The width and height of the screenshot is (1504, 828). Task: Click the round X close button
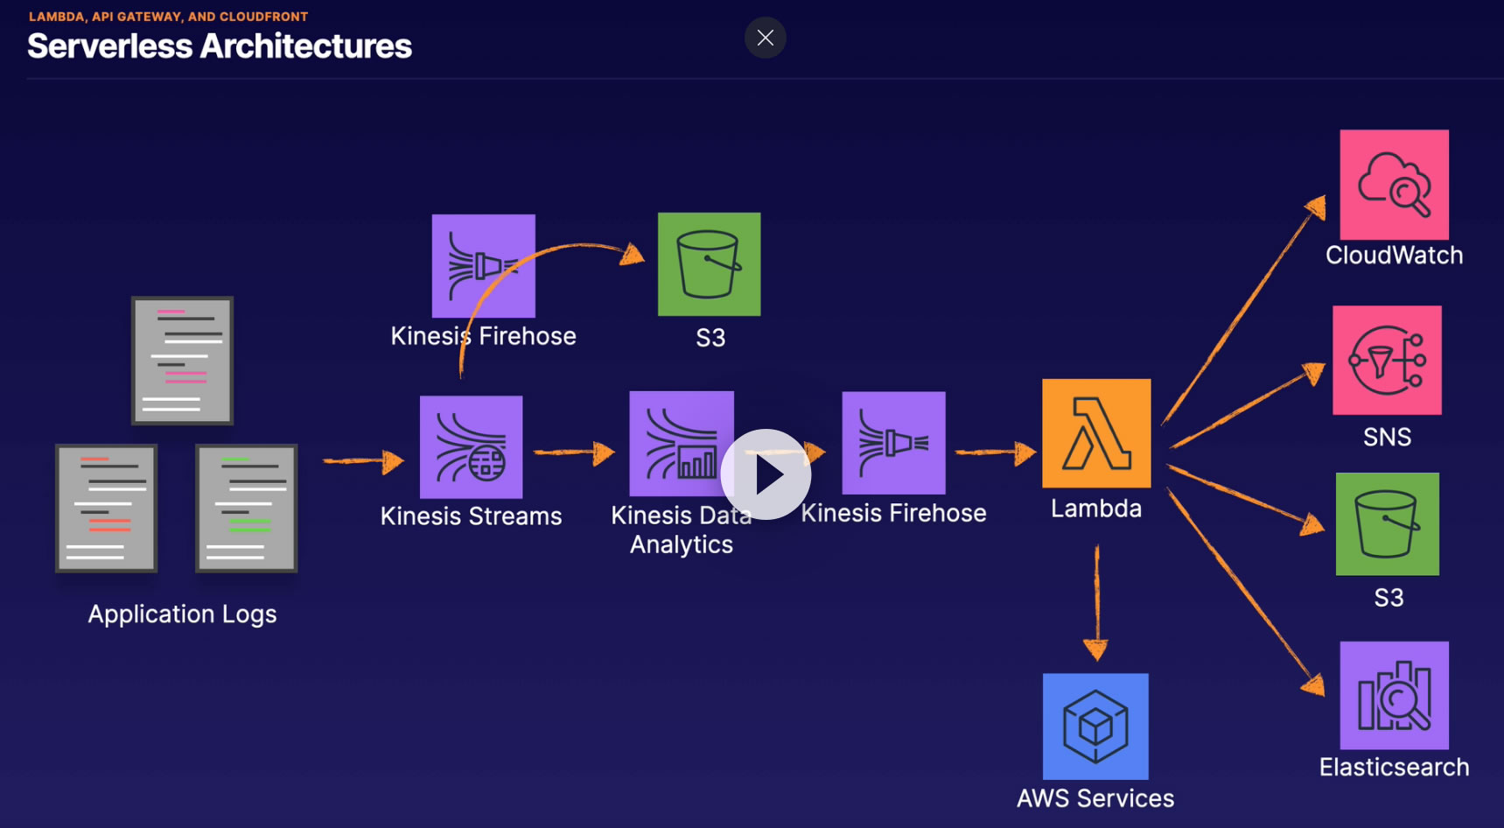coord(766,38)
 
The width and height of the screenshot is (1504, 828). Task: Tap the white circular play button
coord(766,474)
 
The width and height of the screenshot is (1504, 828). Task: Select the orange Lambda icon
coord(1096,433)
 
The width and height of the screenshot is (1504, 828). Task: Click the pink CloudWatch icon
coord(1395,185)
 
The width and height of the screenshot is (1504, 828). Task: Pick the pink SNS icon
coord(1387,360)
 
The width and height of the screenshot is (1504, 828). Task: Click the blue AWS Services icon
coord(1095,726)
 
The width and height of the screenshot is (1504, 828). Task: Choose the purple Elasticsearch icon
coord(1395,696)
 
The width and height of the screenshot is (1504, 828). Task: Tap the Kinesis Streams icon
coord(472,447)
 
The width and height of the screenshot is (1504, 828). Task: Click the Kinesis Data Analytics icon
coord(682,444)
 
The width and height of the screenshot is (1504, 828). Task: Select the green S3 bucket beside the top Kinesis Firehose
coord(710,264)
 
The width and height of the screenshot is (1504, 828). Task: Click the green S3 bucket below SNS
coord(1388,524)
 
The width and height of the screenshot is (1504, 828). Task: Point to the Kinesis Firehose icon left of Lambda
coord(893,443)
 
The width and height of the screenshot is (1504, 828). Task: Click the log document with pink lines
coord(183,361)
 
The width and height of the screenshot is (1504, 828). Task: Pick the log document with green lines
coord(247,509)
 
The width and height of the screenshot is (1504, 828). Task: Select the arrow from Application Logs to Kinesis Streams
coord(364,460)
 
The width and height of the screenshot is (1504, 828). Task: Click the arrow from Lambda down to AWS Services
coord(1096,603)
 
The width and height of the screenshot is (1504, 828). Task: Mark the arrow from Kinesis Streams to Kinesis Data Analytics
coord(575,453)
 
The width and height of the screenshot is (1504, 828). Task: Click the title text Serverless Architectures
coord(220,46)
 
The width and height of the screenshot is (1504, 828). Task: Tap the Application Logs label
coord(182,614)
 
